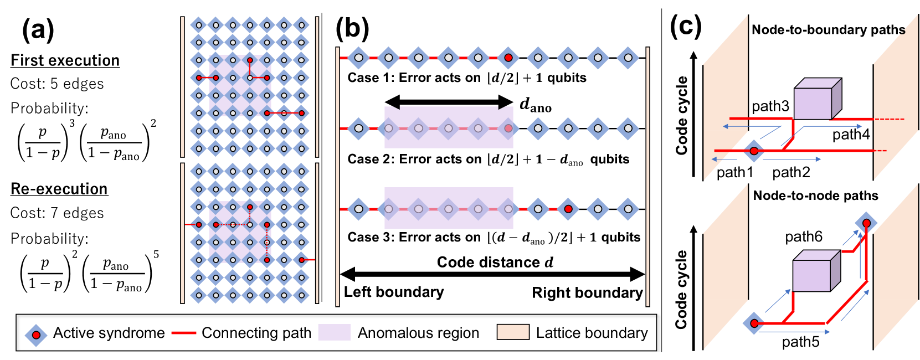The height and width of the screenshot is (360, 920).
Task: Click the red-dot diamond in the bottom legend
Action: coord(36,335)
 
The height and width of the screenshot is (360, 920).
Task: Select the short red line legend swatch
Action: coord(184,333)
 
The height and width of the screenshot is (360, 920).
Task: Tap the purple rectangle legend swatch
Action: coord(334,332)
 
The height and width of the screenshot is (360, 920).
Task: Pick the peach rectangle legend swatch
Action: coord(513,332)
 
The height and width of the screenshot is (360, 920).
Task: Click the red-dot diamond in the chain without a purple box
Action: coord(508,58)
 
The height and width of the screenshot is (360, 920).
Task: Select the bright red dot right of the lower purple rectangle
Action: coord(568,209)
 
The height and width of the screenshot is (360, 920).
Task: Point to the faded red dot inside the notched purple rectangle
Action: coord(508,128)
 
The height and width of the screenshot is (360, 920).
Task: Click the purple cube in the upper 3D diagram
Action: coord(813,103)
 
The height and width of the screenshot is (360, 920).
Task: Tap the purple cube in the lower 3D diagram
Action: coord(811,275)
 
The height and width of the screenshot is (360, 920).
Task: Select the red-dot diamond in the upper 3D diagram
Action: coord(754,151)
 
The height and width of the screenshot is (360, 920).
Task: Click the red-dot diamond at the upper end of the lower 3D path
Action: coord(866,223)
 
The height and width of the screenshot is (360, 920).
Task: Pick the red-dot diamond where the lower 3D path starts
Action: coord(754,323)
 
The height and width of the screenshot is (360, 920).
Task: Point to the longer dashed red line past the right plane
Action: coord(890,119)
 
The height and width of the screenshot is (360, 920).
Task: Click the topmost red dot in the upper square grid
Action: coord(250,60)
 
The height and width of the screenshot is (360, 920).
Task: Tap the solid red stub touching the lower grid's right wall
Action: coord(309,260)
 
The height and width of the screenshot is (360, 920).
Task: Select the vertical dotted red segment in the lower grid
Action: coord(267,242)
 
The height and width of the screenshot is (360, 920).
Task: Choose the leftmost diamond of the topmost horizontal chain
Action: coord(359,58)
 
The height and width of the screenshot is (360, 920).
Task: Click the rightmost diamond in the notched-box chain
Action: coord(628,128)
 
